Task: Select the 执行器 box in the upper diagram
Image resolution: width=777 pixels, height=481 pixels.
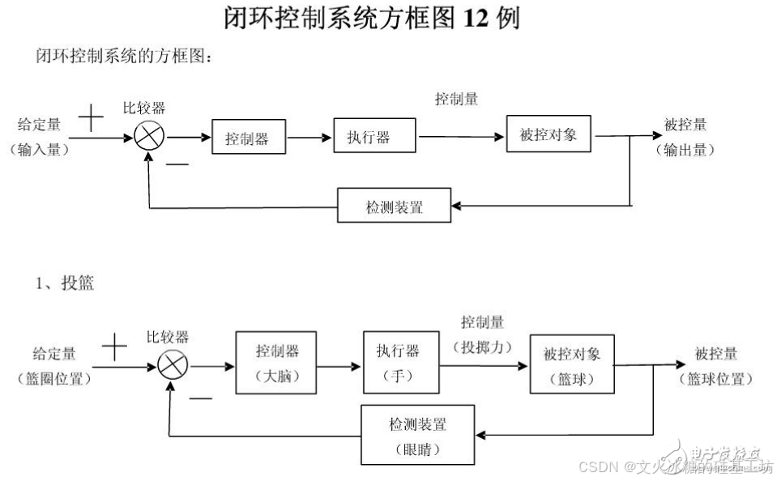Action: (374, 135)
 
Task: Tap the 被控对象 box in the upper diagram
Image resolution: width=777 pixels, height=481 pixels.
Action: (549, 134)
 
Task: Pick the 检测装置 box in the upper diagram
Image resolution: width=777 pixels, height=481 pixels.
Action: (394, 206)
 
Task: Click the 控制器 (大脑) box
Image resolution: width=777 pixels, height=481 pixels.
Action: (276, 362)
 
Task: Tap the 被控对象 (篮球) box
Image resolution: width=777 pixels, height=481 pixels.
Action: (571, 364)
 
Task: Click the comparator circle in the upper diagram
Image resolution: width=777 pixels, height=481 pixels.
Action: (150, 137)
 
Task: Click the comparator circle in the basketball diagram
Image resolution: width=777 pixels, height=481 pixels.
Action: (172, 366)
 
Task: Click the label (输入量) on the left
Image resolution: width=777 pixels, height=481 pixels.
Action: (39, 150)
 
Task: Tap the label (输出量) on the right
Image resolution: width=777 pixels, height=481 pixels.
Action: (685, 150)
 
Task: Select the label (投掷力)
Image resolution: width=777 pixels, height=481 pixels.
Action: (483, 345)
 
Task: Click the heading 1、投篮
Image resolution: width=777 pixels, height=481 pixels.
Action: (64, 283)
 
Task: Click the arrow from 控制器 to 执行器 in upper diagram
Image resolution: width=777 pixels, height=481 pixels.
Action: (310, 138)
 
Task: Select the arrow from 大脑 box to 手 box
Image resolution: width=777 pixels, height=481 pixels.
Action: (339, 366)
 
